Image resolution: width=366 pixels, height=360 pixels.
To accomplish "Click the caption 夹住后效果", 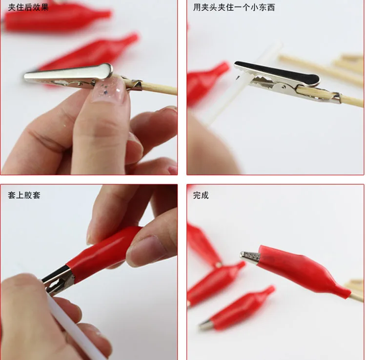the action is (x=28, y=7).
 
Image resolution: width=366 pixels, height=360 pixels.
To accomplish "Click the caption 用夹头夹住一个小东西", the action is (x=234, y=7).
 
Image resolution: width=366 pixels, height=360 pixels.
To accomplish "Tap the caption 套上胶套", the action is (x=24, y=195).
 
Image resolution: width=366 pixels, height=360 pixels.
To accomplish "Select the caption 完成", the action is (x=201, y=195).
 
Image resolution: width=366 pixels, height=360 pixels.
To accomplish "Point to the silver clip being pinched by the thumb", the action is (x=70, y=76).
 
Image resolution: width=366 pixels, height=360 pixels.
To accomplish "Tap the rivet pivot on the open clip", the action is (x=283, y=87).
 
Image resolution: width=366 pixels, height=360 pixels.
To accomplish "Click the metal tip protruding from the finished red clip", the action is (x=250, y=257).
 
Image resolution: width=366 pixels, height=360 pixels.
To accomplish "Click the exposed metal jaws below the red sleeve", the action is (x=59, y=280).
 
